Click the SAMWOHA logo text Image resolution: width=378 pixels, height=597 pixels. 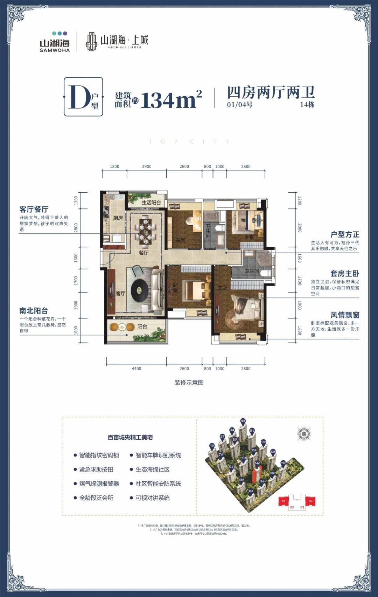pyautogui.click(x=55, y=50)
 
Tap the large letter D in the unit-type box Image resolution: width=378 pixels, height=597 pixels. pyautogui.click(x=80, y=97)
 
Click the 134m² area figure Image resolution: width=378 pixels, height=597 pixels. pyautogui.click(x=171, y=99)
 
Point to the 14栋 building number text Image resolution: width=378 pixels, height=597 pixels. pyautogui.click(x=307, y=104)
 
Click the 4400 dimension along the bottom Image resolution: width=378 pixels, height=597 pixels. pyautogui.click(x=136, y=369)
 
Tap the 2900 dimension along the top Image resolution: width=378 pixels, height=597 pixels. pyautogui.click(x=147, y=166)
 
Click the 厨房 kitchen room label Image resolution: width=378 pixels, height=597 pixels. pyautogui.click(x=118, y=218)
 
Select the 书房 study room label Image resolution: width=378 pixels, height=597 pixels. pyautogui.click(x=180, y=240)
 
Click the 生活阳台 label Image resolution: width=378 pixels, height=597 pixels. pyautogui.click(x=151, y=203)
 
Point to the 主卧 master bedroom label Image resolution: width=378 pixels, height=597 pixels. pyautogui.click(x=223, y=288)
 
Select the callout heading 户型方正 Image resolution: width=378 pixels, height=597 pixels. pyautogui.click(x=344, y=234)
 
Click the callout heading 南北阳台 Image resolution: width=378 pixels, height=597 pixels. pyautogui.click(x=34, y=311)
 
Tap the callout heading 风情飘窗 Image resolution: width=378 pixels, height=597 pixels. pyautogui.click(x=344, y=315)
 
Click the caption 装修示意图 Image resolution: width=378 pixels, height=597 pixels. pyautogui.click(x=189, y=383)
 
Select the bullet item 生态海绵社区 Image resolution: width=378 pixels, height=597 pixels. pyautogui.click(x=152, y=469)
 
